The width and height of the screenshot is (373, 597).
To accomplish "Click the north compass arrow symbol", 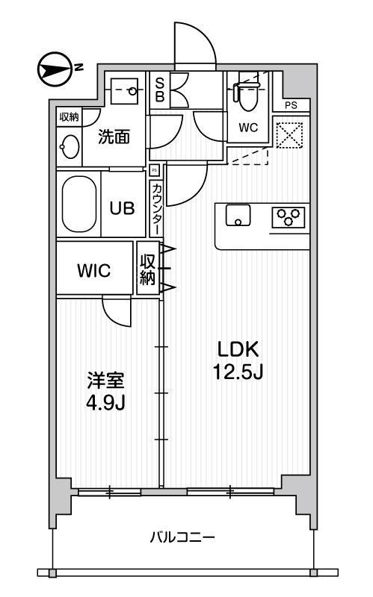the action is [55, 69].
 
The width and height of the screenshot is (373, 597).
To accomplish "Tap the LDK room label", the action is [238, 349].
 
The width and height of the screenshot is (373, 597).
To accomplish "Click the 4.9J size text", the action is [105, 402].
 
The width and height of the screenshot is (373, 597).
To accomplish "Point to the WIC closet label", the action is [94, 270].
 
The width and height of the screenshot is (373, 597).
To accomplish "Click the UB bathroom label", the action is [122, 208].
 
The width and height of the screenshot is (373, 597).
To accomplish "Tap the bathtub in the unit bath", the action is [79, 204].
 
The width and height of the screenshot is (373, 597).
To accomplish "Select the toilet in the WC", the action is [247, 96].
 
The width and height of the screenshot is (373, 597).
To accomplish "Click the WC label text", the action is [248, 128].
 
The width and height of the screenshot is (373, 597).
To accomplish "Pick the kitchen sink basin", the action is [238, 215].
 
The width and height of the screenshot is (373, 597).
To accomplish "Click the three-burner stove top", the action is [289, 217].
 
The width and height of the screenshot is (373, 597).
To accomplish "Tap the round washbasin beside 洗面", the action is [70, 146].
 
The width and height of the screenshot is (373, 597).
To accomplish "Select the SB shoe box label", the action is [160, 90].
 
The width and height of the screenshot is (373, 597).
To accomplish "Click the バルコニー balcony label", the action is [182, 537].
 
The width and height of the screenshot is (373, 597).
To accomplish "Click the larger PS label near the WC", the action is [291, 105].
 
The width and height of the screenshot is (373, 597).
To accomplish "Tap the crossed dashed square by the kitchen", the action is [289, 135].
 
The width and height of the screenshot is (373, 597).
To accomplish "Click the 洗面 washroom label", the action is [114, 137].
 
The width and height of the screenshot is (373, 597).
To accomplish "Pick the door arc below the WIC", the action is [117, 312].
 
